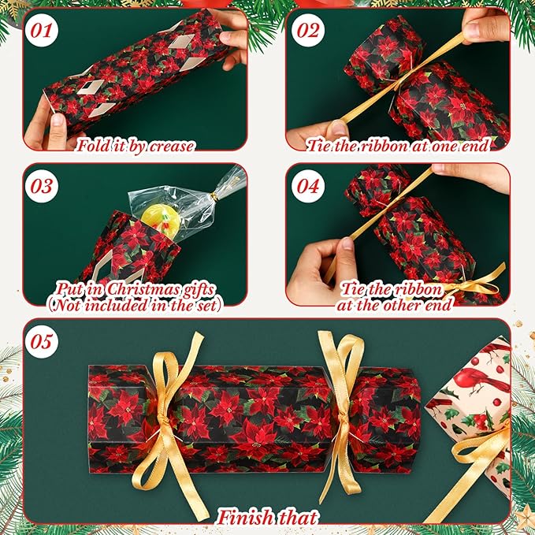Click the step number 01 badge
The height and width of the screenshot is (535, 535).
tap(42, 31)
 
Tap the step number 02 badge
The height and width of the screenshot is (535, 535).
tap(308, 31)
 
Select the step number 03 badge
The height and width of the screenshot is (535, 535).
tap(42, 186)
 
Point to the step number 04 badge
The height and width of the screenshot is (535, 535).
tap(308, 186)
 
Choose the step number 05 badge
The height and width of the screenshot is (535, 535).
tap(42, 341)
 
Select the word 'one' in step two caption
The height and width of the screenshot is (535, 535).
tap(444, 147)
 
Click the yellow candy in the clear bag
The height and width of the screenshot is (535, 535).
tap(161, 221)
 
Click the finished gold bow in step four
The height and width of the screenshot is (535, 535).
tap(471, 284)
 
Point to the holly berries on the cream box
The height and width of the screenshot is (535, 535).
tap(481, 421)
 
